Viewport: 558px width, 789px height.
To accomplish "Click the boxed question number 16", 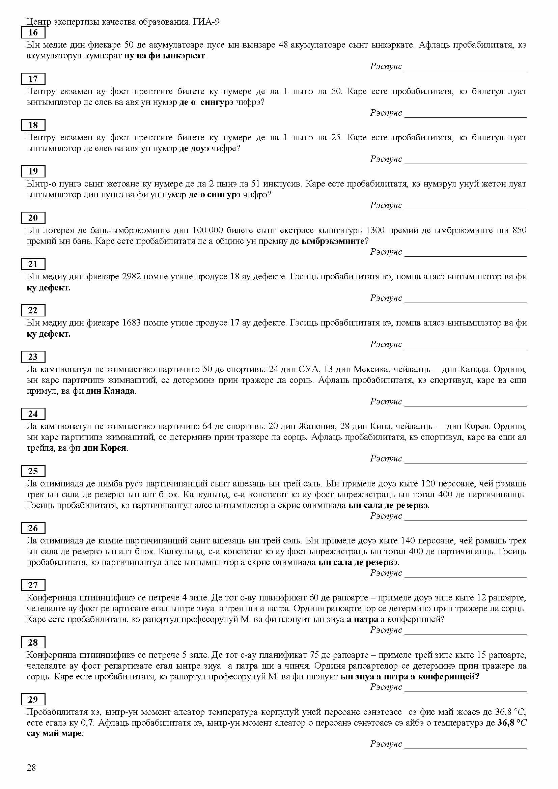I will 33,33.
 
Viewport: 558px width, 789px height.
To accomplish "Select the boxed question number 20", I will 33,218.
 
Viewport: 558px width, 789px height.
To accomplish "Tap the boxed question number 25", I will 33,471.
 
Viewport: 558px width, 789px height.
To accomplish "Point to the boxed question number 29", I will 33,699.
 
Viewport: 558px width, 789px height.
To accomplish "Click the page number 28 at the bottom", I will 31,768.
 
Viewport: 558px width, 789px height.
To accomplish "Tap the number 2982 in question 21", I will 132,277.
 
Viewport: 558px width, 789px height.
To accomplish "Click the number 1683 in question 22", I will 132,323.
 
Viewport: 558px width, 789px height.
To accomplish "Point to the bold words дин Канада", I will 110,391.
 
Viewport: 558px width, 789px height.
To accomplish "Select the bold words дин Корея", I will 104,448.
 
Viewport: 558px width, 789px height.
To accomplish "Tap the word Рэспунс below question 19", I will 386,205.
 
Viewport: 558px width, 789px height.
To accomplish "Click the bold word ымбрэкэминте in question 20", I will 332,241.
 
